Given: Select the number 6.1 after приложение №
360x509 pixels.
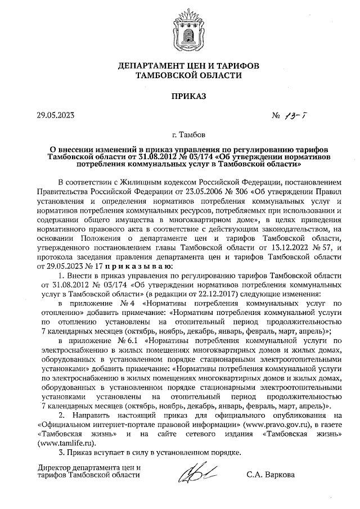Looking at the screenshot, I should pyautogui.click(x=130, y=341).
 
